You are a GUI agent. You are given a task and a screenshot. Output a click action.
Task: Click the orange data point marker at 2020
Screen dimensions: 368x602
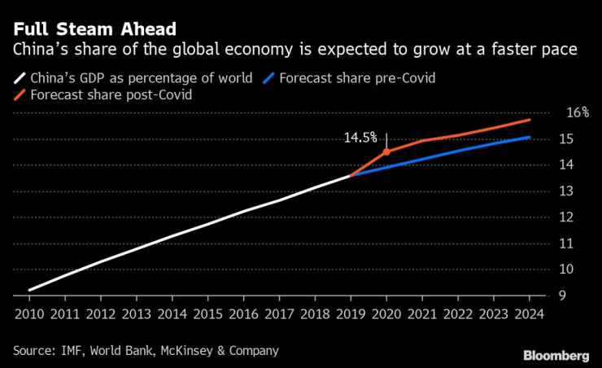(386, 151)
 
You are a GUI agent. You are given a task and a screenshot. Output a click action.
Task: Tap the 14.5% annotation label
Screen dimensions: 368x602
(360, 138)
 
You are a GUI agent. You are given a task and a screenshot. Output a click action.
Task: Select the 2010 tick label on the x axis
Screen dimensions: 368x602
(29, 314)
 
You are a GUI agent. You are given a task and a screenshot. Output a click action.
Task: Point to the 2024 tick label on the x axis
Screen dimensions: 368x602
(530, 314)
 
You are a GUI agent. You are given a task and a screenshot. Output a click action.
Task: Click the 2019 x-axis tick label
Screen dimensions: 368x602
(351, 314)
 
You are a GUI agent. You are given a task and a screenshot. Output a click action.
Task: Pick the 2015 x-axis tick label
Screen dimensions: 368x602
(208, 314)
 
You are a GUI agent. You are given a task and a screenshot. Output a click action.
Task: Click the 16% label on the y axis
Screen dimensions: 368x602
(578, 112)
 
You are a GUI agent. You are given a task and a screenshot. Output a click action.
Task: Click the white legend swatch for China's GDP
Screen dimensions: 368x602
(19, 79)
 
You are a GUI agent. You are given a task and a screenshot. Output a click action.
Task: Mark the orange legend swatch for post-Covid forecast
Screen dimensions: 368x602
(19, 94)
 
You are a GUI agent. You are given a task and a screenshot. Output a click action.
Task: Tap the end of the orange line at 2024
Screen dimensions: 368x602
(530, 120)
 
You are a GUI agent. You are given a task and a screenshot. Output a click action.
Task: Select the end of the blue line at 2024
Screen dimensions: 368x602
(530, 137)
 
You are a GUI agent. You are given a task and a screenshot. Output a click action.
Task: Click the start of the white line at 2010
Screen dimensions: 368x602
(29, 290)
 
